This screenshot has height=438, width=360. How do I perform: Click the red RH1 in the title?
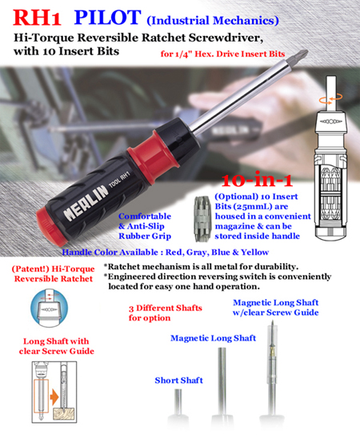37,18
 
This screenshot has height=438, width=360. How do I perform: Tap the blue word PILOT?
108,18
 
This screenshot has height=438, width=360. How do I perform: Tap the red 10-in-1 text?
257,180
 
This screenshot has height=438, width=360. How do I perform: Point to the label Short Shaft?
179,380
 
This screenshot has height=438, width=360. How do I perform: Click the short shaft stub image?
178,402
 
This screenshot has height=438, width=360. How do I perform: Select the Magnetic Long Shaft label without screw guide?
214,338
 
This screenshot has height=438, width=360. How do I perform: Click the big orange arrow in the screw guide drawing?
54,397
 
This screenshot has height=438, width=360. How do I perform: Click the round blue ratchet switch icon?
49,308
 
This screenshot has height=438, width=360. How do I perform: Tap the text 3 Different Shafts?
165,308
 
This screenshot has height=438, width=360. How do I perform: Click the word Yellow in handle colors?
254,253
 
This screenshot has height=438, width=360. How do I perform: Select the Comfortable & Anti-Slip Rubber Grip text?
145,226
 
